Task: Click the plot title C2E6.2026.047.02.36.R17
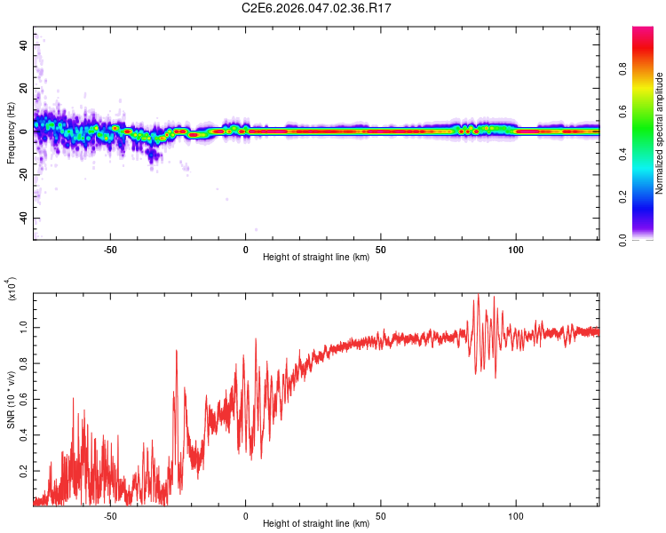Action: click(316, 8)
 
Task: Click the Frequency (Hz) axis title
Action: click(11, 133)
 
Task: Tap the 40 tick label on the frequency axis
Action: click(24, 44)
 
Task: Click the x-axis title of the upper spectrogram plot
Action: click(316, 258)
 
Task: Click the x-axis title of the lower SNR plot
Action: click(316, 524)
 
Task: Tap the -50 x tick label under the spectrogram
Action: click(110, 249)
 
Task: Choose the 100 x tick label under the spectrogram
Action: click(516, 249)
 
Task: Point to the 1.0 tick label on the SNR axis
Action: click(24, 327)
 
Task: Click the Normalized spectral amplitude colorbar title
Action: click(660, 133)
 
